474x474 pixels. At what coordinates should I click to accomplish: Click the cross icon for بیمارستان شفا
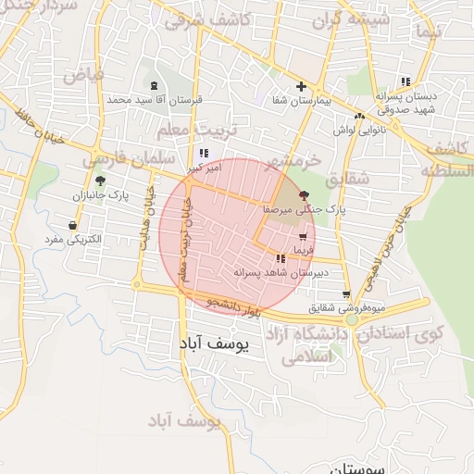[x=300, y=87]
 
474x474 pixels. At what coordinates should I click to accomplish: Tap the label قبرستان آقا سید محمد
[x=154, y=98]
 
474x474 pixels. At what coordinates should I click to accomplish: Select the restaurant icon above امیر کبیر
[x=203, y=154]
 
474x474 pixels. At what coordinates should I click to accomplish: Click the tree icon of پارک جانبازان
[x=100, y=181]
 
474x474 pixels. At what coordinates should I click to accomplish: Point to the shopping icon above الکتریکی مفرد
[x=72, y=225]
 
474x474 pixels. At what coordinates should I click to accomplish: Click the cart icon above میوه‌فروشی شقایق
[x=346, y=294]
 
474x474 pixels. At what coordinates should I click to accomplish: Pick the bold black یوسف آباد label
[x=214, y=343]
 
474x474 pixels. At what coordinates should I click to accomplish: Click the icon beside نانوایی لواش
[x=358, y=117]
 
